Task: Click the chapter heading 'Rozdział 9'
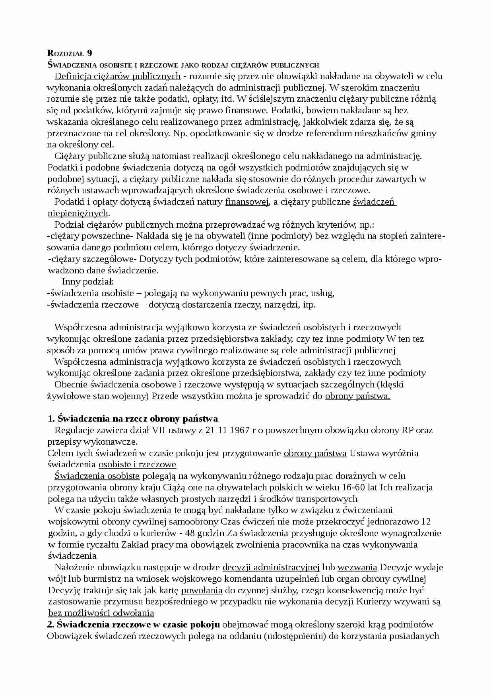[x=70, y=53]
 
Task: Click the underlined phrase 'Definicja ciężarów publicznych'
[x=117, y=76]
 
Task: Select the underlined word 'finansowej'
[x=247, y=202]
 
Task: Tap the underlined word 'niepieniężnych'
[x=78, y=213]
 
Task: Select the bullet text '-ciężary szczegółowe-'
[x=93, y=259]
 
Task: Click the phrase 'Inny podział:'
[x=88, y=282]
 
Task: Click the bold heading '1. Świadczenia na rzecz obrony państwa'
[x=132, y=418]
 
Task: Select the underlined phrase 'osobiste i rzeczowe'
[x=137, y=465]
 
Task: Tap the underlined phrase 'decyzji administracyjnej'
[x=271, y=567]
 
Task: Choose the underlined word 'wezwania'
[x=357, y=567]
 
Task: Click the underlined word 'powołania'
[x=202, y=590]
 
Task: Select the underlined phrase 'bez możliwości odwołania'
[x=101, y=613]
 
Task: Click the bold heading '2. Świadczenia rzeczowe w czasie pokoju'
[x=134, y=624]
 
